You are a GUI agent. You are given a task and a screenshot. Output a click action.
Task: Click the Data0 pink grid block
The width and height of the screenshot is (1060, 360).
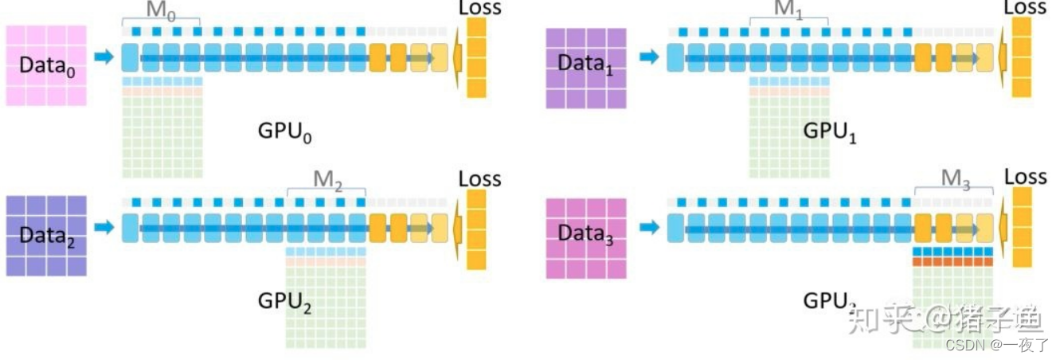pyautogui.click(x=45, y=65)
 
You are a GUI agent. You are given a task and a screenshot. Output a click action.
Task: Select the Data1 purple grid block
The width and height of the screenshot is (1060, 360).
pyautogui.click(x=586, y=67)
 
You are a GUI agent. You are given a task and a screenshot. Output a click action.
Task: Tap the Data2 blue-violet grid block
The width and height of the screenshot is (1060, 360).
pyautogui.click(x=45, y=236)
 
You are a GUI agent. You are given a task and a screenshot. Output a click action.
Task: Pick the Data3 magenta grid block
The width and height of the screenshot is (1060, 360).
pyautogui.click(x=586, y=237)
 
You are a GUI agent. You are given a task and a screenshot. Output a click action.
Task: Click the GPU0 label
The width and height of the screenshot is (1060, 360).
pyautogui.click(x=284, y=132)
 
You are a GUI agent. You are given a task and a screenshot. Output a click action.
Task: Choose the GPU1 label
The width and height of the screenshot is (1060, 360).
pyautogui.click(x=830, y=132)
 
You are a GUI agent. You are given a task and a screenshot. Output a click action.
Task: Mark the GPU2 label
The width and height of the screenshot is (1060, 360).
pyautogui.click(x=284, y=303)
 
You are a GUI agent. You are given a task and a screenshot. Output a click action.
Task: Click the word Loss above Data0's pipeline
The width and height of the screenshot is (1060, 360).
pyautogui.click(x=480, y=8)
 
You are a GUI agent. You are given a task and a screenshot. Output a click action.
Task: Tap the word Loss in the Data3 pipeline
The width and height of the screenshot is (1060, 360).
pyautogui.click(x=1025, y=177)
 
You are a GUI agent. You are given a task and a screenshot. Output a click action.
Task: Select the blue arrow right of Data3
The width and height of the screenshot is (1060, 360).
pyautogui.click(x=650, y=229)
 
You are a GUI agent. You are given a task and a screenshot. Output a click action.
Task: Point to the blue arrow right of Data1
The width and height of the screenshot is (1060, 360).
pyautogui.click(x=650, y=57)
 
